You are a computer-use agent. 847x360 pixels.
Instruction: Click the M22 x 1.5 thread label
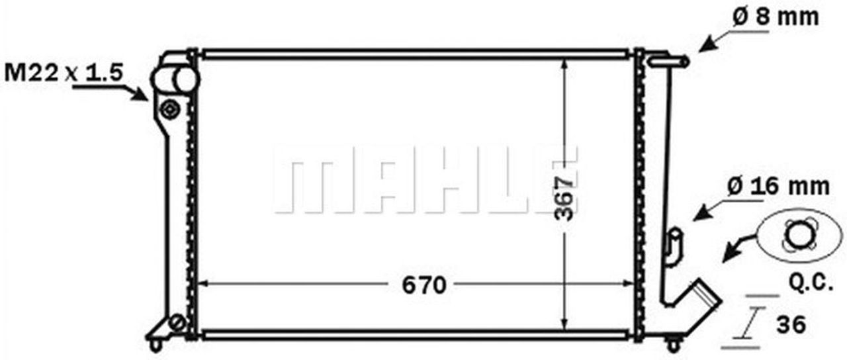tap(64, 72)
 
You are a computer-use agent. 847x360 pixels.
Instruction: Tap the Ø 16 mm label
tap(778, 187)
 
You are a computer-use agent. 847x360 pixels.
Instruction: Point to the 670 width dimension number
tap(424, 285)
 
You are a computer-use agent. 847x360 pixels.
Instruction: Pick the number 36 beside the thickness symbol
tap(791, 324)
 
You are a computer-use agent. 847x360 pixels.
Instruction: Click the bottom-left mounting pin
tap(156, 344)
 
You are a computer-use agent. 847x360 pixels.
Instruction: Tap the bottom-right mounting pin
tap(673, 344)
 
